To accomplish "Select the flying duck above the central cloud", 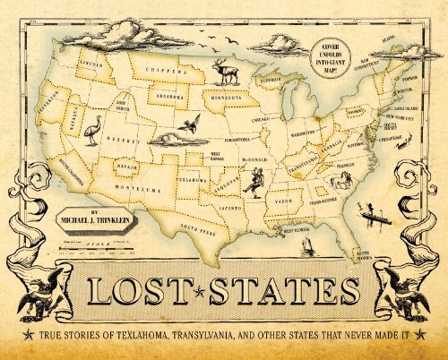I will tap(189, 126).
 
